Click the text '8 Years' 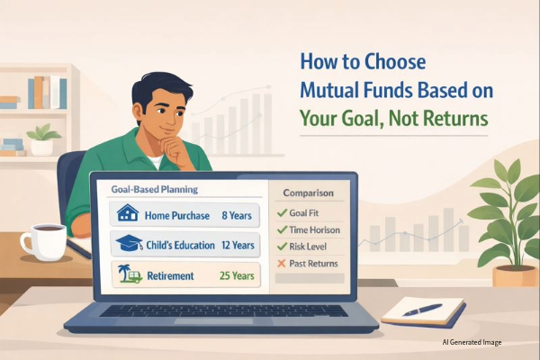click(238, 216)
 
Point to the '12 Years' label click(236, 245)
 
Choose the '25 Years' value click(236, 274)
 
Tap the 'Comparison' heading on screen click(308, 193)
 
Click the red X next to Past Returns click(281, 263)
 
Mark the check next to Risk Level click(281, 247)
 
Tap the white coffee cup click(40, 240)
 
